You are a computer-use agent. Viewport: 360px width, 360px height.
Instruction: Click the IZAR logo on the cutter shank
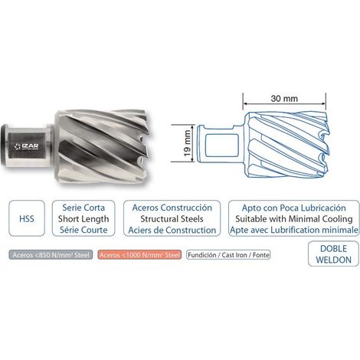(x=27, y=146)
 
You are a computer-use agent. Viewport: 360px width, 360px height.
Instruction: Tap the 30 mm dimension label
(x=284, y=98)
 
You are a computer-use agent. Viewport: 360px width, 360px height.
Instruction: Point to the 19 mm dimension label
(x=187, y=143)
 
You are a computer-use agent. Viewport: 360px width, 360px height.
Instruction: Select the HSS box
(x=27, y=218)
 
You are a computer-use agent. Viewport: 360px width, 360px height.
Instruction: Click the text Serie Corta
(x=83, y=208)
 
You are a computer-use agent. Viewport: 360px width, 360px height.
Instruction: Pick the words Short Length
(x=83, y=219)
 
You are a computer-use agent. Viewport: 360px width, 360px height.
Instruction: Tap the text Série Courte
(x=83, y=230)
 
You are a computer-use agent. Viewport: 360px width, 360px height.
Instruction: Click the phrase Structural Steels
(x=172, y=219)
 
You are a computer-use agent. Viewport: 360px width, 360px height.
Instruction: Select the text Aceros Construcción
(x=172, y=208)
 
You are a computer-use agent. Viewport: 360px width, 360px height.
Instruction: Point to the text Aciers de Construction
(x=172, y=230)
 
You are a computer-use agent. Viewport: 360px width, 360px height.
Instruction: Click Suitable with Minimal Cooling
(x=294, y=219)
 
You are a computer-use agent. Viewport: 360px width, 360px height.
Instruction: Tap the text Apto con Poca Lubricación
(x=294, y=208)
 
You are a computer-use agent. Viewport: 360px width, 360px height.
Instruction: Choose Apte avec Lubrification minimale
(x=294, y=230)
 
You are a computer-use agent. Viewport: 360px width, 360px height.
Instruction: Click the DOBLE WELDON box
(x=333, y=254)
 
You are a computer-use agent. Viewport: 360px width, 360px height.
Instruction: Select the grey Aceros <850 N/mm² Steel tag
(x=51, y=255)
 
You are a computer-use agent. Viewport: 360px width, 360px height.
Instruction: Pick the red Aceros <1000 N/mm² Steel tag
(x=139, y=255)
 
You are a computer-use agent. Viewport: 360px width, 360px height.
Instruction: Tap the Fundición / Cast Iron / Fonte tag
(x=228, y=255)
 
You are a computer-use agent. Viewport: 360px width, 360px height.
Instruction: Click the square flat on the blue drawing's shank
(x=221, y=145)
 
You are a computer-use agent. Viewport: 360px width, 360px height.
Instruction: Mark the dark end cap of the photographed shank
(x=4, y=146)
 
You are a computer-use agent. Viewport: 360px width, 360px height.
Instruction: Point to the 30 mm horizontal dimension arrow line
(x=284, y=103)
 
